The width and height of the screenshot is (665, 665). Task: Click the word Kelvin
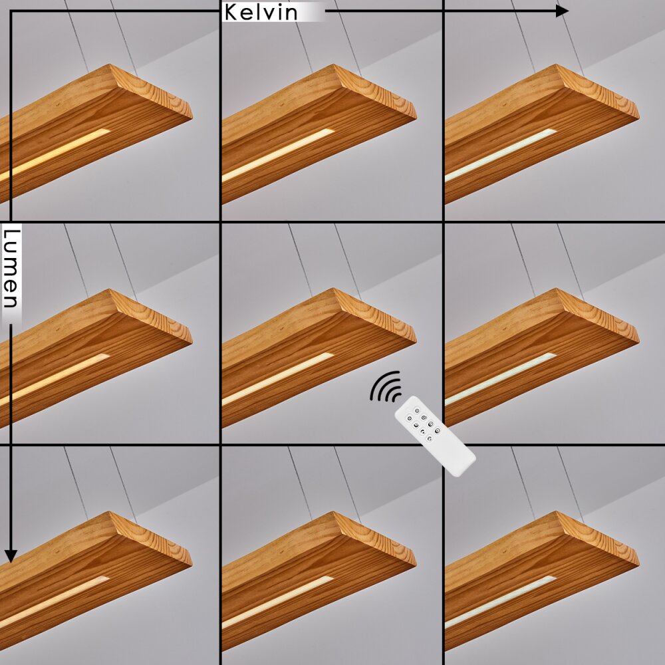point(261,12)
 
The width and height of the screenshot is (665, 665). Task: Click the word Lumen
point(11,269)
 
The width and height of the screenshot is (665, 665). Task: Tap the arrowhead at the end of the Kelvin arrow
point(562,11)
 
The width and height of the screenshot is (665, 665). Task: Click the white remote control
point(435,436)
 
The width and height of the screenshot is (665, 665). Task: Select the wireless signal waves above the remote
point(386,386)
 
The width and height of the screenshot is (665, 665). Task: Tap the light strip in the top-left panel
point(55,154)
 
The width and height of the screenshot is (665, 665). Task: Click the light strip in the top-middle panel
point(278,155)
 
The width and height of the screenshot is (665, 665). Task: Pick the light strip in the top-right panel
point(501,155)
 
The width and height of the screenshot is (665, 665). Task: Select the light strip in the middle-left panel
point(55,379)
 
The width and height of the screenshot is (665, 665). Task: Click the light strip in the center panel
point(278,379)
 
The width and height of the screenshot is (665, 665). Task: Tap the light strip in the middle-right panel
point(501,378)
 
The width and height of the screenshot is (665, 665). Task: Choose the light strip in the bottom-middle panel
point(278,602)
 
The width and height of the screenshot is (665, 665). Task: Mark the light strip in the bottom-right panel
point(501,602)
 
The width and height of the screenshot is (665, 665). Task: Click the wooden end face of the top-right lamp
point(598,91)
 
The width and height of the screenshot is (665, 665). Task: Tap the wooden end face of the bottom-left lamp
point(151,539)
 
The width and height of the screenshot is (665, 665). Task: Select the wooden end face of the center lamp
point(375,315)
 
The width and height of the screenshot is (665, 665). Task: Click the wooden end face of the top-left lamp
point(151,91)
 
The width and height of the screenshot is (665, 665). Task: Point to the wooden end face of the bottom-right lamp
point(598,539)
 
